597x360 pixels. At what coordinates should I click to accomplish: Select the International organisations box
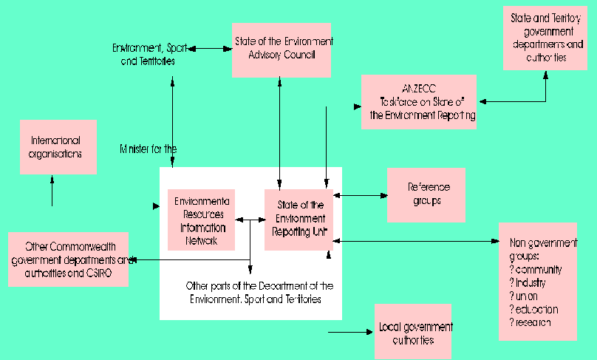coord(58,146)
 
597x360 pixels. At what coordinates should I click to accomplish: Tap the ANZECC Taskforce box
coord(420,101)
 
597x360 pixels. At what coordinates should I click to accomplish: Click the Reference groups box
coord(426,194)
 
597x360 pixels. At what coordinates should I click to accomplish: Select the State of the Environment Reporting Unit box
coord(298,220)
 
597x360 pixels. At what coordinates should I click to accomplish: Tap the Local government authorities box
coord(413,332)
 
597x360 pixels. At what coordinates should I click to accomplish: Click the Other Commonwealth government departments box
coord(69,259)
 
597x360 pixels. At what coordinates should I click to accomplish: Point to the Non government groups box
coord(538,281)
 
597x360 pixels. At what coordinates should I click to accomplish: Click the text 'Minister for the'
coord(149,149)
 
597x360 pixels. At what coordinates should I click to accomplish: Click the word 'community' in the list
coord(537,269)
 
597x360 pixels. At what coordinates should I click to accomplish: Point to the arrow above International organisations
coord(52,190)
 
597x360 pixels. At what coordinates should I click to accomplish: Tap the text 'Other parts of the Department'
coord(260,285)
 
